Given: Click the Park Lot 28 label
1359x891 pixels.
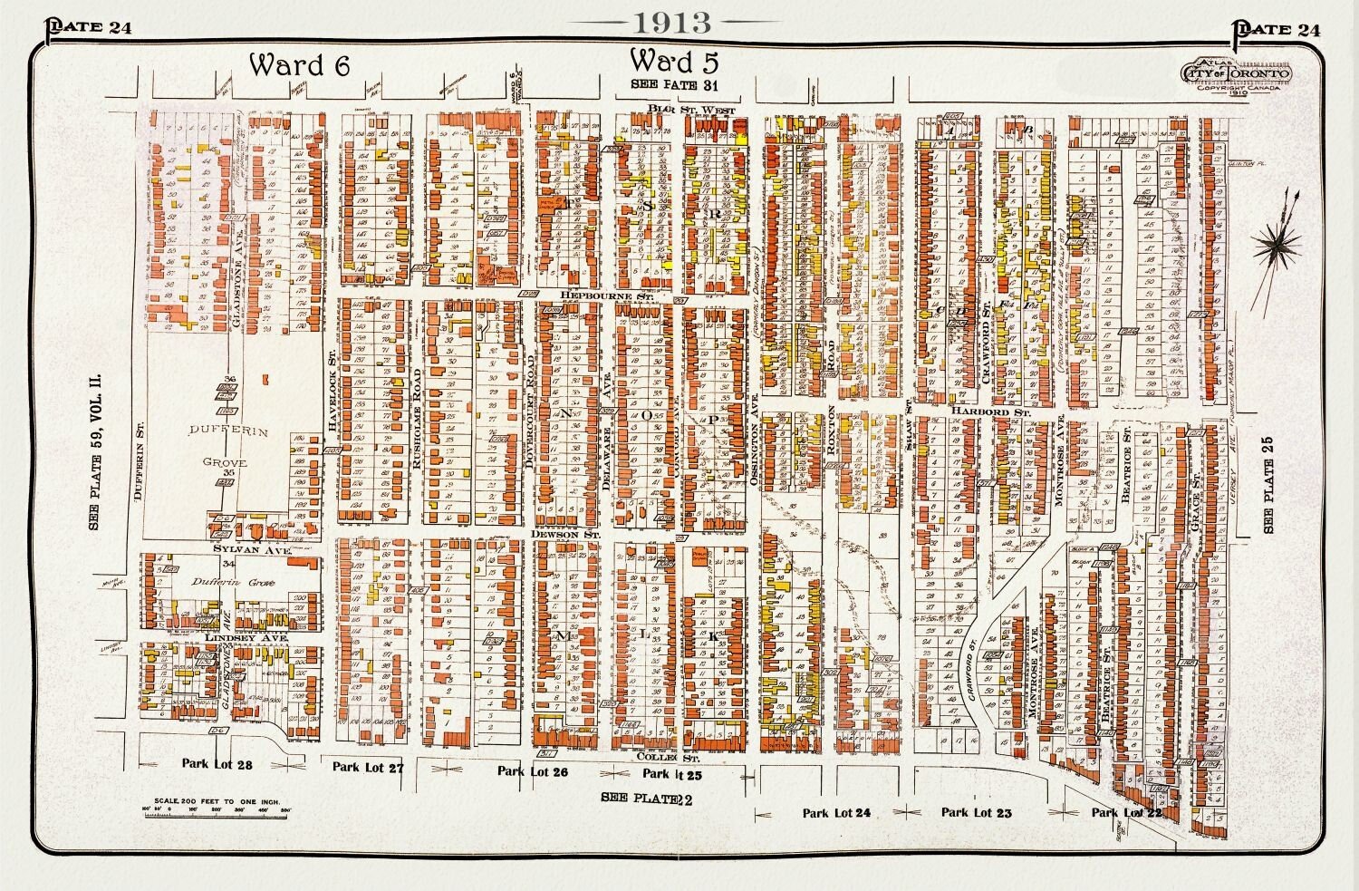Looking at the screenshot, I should click(217, 764).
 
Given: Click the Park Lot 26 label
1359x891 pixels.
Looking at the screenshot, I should click(533, 770).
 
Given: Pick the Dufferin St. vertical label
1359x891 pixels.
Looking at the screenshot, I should click(139, 465).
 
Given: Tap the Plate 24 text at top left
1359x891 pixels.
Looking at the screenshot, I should click(90, 27).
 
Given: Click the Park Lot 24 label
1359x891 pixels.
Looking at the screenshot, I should click(836, 812).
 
